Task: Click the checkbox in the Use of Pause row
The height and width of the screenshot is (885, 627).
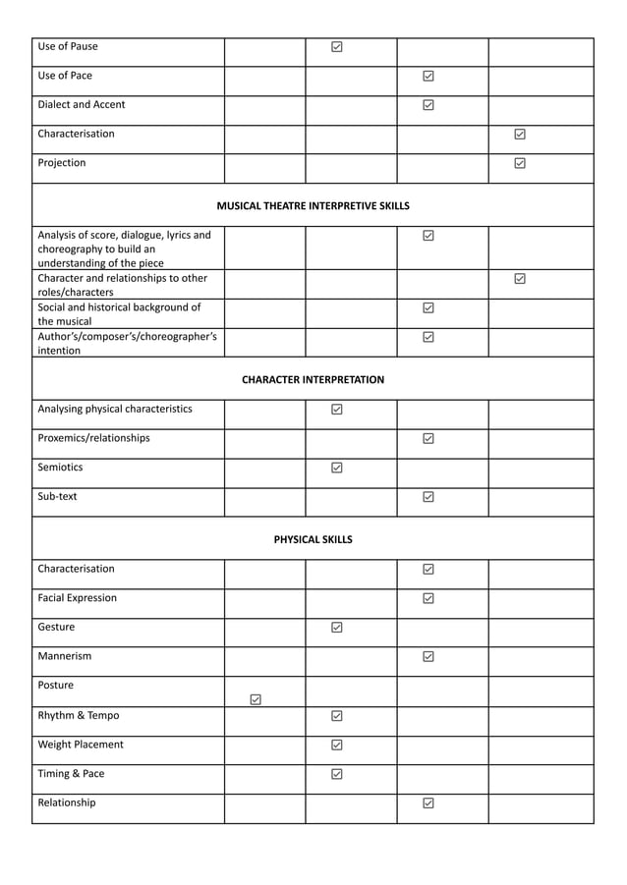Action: click(x=337, y=46)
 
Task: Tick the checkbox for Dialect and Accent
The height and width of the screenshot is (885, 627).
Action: click(x=428, y=105)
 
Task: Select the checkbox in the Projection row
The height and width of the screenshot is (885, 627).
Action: click(x=520, y=163)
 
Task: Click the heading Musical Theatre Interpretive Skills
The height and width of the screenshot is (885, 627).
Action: click(x=313, y=206)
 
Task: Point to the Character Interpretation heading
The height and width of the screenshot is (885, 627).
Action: click(x=313, y=379)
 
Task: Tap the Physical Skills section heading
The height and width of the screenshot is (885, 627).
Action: click(x=313, y=539)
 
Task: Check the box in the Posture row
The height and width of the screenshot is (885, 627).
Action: click(x=256, y=699)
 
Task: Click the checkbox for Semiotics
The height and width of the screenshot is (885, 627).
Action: click(x=337, y=469)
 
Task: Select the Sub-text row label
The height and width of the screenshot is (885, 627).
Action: click(x=57, y=497)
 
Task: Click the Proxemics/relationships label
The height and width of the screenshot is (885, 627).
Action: click(x=93, y=438)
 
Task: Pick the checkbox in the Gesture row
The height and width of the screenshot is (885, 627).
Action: click(x=337, y=628)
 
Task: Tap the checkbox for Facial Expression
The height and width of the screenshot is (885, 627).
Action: click(x=428, y=598)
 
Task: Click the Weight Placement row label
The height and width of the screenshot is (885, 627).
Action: click(x=81, y=745)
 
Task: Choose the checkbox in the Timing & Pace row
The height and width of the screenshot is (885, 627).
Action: click(x=337, y=774)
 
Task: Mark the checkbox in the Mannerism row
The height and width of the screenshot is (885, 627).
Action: click(x=428, y=657)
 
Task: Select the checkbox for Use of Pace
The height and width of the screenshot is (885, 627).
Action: click(x=428, y=76)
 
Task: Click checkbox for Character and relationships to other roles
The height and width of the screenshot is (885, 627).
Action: click(x=520, y=279)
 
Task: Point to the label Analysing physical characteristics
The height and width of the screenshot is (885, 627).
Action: click(x=115, y=409)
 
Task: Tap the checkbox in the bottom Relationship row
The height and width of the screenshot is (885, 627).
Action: click(x=428, y=803)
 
